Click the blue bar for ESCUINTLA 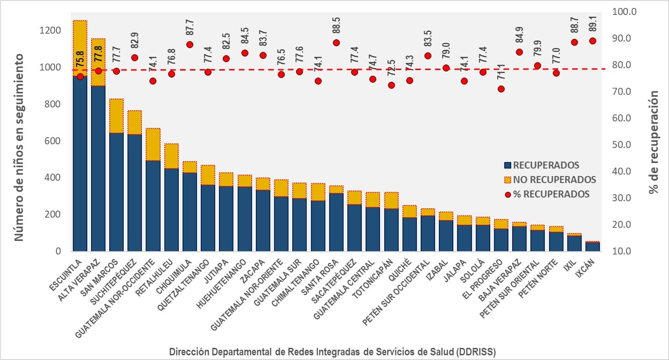tap(80, 163)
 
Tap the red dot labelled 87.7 tap(190, 45)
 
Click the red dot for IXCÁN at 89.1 tap(592, 41)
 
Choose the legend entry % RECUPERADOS tap(551, 194)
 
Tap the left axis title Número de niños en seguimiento tap(19, 147)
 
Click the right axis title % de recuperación tap(654, 142)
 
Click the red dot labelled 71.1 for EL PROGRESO tap(501, 89)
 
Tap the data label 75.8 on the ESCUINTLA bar tap(80, 59)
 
